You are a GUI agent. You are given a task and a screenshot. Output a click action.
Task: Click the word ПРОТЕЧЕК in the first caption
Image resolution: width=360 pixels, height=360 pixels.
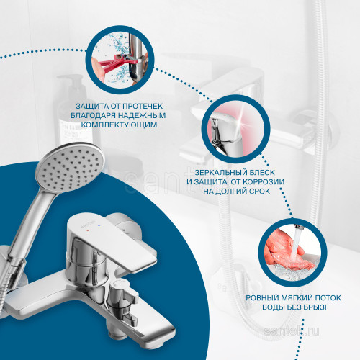tap(143, 106)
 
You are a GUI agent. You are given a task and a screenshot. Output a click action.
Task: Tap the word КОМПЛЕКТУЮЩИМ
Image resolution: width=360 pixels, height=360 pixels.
tap(120, 125)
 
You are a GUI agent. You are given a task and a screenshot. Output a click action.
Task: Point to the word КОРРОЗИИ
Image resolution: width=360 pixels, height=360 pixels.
tap(264, 182)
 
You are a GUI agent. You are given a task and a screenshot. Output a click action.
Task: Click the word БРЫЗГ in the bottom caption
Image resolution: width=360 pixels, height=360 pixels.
tap(315, 307)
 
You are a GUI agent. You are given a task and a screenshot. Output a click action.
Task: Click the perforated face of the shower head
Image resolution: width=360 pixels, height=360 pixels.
tap(70, 167)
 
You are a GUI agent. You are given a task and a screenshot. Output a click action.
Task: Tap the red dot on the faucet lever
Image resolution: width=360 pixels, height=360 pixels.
tap(88, 230)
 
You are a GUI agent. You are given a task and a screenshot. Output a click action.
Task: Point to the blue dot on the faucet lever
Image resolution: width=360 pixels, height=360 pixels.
tap(99, 225)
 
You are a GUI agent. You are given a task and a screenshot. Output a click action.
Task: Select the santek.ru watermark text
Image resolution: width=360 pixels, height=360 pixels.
tap(292, 332)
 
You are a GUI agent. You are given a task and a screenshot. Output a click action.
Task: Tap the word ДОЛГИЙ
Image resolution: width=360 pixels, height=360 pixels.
tap(235, 192)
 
